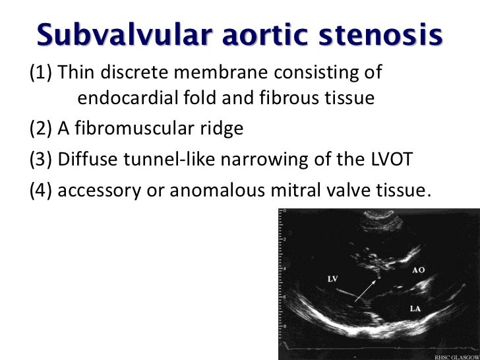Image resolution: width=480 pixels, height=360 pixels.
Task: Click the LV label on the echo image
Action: [x=333, y=279]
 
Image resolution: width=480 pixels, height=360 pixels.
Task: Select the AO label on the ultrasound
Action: [x=418, y=271]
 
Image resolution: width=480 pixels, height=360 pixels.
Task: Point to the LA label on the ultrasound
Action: [x=416, y=308]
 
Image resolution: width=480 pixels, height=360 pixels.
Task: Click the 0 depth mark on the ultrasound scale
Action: [x=284, y=211]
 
